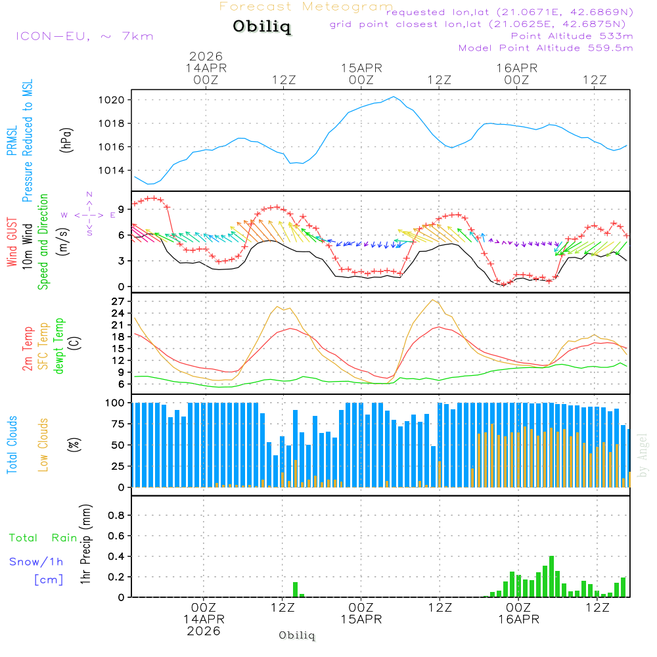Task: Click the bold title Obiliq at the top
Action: pos(261,28)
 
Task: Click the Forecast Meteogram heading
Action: pos(306,7)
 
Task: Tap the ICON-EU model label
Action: pos(84,35)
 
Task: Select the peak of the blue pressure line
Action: pos(394,97)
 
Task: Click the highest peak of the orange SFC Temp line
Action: pos(432,300)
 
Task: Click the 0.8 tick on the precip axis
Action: pos(116,516)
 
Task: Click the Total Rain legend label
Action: pos(43,537)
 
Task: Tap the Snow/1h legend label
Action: pos(37,562)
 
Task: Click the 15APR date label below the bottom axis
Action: pos(361,620)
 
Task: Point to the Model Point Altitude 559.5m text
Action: pos(545,48)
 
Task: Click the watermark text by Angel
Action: pos(643,455)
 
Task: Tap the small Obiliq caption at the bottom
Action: pos(297,635)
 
